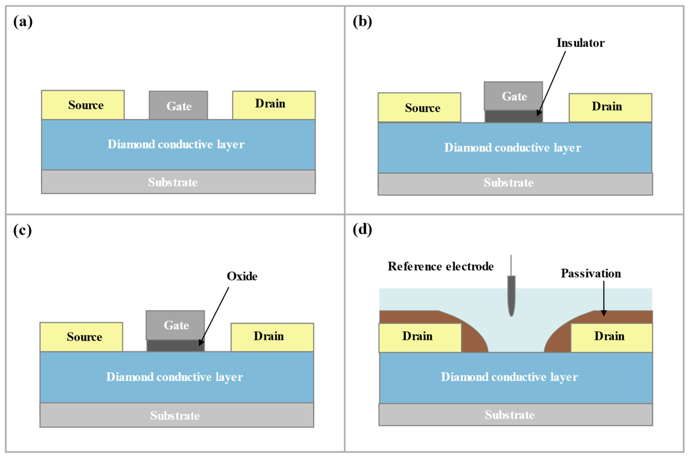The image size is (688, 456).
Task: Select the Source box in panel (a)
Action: (x=83, y=105)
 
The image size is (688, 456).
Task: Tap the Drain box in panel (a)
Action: (x=274, y=105)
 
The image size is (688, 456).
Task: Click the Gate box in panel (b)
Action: (x=513, y=96)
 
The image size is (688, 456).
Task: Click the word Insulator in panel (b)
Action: (x=580, y=43)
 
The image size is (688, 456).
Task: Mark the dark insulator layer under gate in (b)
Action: (x=513, y=116)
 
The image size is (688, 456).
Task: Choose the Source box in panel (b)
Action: (x=419, y=107)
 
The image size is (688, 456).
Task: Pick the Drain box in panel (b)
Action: (x=610, y=108)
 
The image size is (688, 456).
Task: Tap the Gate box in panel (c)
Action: (x=175, y=325)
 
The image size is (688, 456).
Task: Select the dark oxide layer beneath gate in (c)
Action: (x=176, y=345)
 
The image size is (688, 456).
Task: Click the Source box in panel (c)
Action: (x=81, y=337)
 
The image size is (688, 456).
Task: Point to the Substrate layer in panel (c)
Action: (x=177, y=415)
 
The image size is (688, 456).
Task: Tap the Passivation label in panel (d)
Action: (x=591, y=273)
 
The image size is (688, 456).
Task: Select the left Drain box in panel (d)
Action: (x=420, y=338)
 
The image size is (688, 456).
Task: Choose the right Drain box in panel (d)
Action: (x=612, y=338)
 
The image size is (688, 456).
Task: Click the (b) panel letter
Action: (x=362, y=22)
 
